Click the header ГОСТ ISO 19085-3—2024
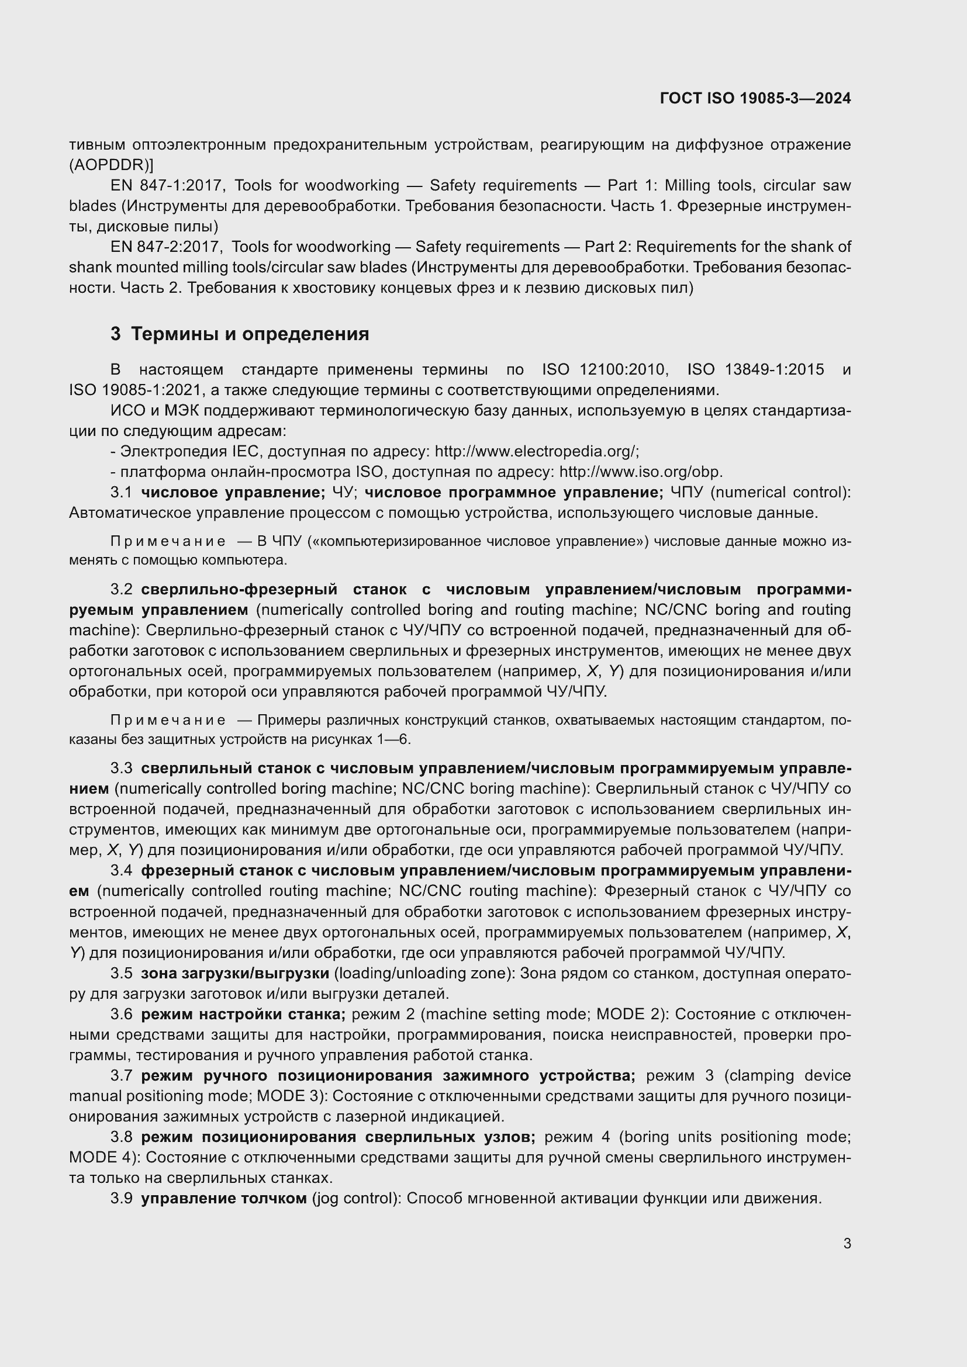click(755, 98)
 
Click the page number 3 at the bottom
click(847, 1244)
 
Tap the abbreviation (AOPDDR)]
click(111, 165)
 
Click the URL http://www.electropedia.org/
click(537, 451)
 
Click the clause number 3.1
click(121, 492)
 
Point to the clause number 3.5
click(121, 973)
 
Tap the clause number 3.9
click(121, 1198)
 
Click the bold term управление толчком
click(224, 1198)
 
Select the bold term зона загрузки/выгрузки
click(234, 973)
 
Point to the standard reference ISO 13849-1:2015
click(755, 370)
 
